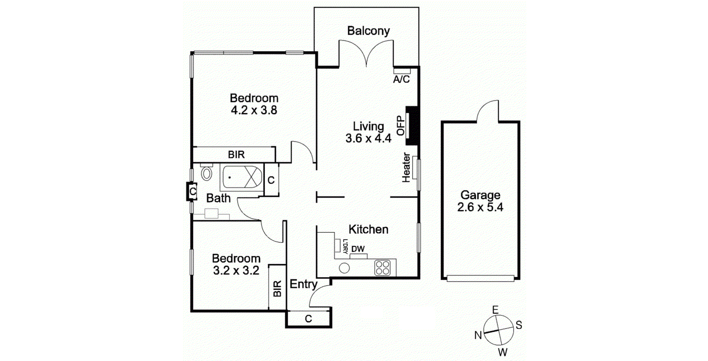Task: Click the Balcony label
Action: [x=368, y=31]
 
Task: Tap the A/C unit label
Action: [x=401, y=79]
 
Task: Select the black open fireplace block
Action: [x=413, y=125]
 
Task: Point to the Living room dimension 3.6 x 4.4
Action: [x=368, y=138]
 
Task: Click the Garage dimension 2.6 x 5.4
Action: [x=480, y=207]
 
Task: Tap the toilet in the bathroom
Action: [x=207, y=172]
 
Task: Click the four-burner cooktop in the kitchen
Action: [x=382, y=268]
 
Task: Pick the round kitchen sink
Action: [x=344, y=268]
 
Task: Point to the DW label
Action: [x=358, y=249]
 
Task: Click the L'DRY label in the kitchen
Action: [x=345, y=246]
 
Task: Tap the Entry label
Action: [x=303, y=284]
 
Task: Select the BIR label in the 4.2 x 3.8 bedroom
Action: [x=236, y=155]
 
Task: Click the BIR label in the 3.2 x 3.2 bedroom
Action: [x=277, y=288]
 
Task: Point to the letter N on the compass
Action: [x=478, y=335]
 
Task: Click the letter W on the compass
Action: [x=502, y=352]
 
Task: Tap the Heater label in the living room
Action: [x=406, y=168]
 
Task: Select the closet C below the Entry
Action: [x=308, y=319]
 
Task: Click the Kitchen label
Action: [x=368, y=229]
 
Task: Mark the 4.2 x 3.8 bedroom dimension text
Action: [x=254, y=111]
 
